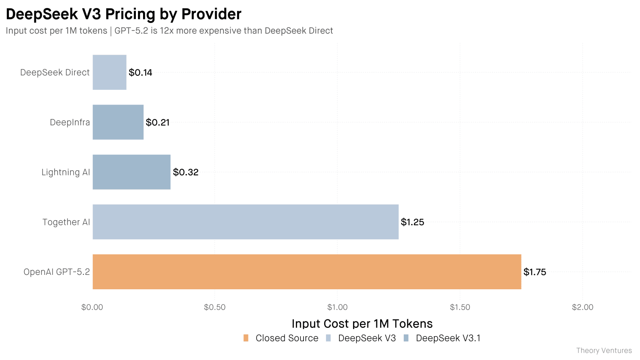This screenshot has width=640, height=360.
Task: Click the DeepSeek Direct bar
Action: [110, 72]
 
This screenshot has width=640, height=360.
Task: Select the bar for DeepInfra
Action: [118, 122]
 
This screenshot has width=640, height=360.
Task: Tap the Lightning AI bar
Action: [132, 172]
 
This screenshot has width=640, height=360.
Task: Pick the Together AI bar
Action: [246, 222]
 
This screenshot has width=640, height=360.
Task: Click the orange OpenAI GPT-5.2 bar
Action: [307, 272]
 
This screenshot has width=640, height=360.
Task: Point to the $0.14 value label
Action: [141, 73]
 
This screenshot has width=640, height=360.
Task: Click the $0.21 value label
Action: [157, 123]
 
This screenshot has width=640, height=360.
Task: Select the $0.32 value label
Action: [185, 172]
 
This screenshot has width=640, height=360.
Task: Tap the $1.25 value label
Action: [412, 222]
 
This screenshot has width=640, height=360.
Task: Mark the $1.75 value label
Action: [535, 272]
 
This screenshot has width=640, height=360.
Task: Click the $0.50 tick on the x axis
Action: [215, 307]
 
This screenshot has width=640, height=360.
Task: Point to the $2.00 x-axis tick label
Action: [582, 307]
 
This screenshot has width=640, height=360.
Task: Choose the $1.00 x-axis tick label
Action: [337, 307]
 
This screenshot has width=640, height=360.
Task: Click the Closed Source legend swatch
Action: [246, 338]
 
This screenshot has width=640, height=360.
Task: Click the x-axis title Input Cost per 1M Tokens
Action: [362, 324]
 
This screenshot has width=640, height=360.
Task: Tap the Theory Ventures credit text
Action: [604, 351]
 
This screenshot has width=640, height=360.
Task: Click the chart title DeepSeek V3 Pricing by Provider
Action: [124, 14]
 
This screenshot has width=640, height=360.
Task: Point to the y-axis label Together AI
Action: [66, 222]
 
